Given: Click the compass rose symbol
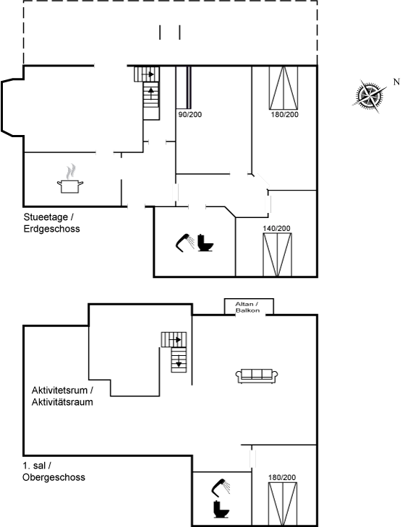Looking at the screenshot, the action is [370, 95].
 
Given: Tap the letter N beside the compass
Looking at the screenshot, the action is [396, 82].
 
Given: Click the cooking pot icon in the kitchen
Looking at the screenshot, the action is [70, 179].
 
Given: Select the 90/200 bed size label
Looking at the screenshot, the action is [190, 115].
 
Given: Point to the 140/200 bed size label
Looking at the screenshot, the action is [276, 229].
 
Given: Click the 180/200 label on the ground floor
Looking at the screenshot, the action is [284, 115].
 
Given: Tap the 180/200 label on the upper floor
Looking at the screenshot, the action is [282, 477].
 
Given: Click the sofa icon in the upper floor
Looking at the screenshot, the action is [257, 376].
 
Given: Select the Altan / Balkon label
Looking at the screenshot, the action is [247, 308].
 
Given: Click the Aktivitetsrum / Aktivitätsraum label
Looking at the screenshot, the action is [62, 396].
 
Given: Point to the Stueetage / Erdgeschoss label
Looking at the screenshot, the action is [52, 223].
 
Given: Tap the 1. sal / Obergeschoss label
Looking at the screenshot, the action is [54, 471].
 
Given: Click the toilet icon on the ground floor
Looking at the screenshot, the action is [205, 243].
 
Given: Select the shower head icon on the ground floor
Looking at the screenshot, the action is [185, 243].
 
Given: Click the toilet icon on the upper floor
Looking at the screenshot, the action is [221, 509].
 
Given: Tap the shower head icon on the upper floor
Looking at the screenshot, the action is [221, 487].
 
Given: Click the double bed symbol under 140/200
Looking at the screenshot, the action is [277, 255].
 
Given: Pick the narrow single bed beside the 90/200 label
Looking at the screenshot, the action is [189, 88].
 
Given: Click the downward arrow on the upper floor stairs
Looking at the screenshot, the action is [179, 362].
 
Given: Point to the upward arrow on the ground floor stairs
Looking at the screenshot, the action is [151, 92].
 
